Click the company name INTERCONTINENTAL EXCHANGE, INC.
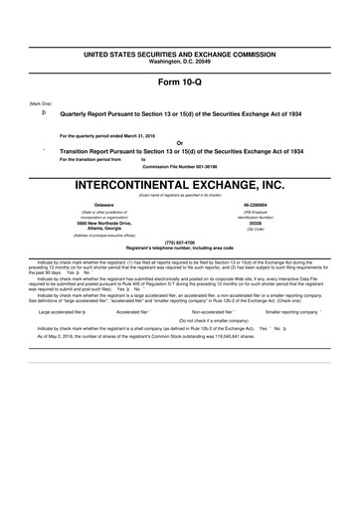179,186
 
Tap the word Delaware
90,206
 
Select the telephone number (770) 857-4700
179,242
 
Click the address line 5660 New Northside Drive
90,224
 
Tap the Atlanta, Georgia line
90,230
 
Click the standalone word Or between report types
179,141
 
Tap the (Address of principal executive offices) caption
90,237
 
